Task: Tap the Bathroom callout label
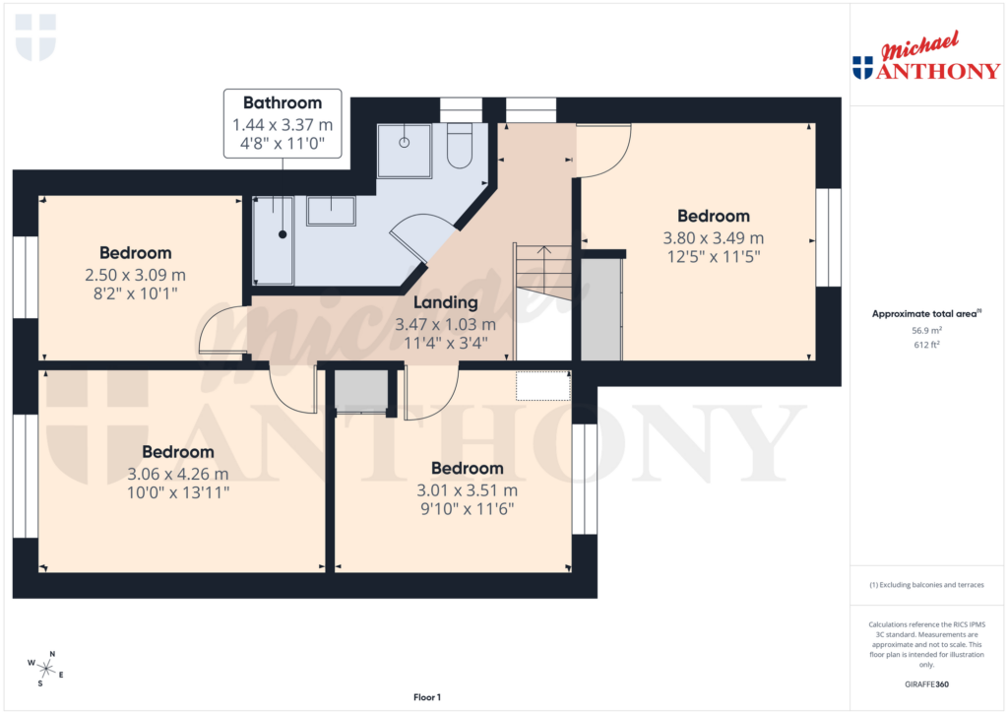283,102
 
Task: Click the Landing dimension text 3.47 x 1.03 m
446,324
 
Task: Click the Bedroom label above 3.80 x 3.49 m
714,216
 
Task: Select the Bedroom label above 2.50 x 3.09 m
136,253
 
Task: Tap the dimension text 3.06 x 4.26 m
178,474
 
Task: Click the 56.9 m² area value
926,332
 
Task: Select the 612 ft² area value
926,347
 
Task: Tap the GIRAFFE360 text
926,684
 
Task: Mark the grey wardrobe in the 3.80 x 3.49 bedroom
601,308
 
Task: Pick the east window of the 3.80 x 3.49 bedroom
828,238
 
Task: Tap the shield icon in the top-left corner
36,36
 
